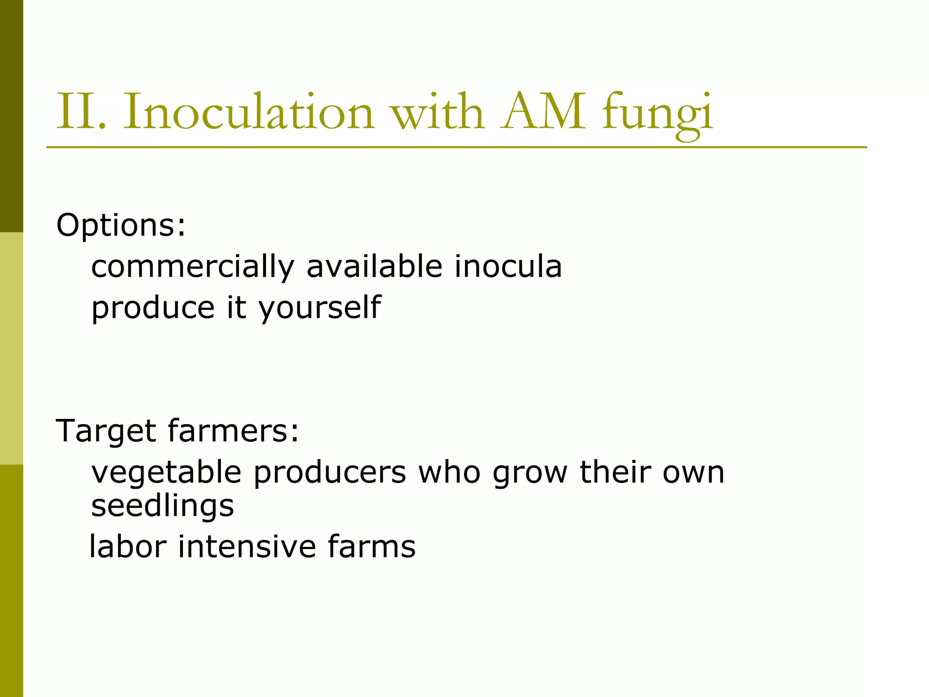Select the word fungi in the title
[658, 113]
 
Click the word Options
[121, 225]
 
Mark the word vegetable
[166, 473]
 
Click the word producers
[329, 473]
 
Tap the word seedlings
[162, 506]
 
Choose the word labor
[128, 546]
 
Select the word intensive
[247, 546]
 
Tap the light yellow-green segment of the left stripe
[11, 348]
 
